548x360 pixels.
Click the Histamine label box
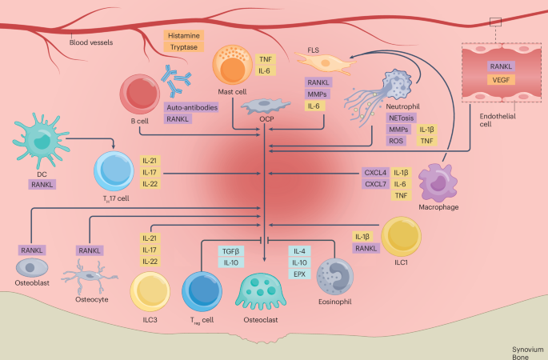pos(182,36)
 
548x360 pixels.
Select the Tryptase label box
pos(182,47)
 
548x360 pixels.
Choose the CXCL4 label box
pos(374,172)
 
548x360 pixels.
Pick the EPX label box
pos(301,274)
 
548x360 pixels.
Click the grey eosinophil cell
pos(335,277)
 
